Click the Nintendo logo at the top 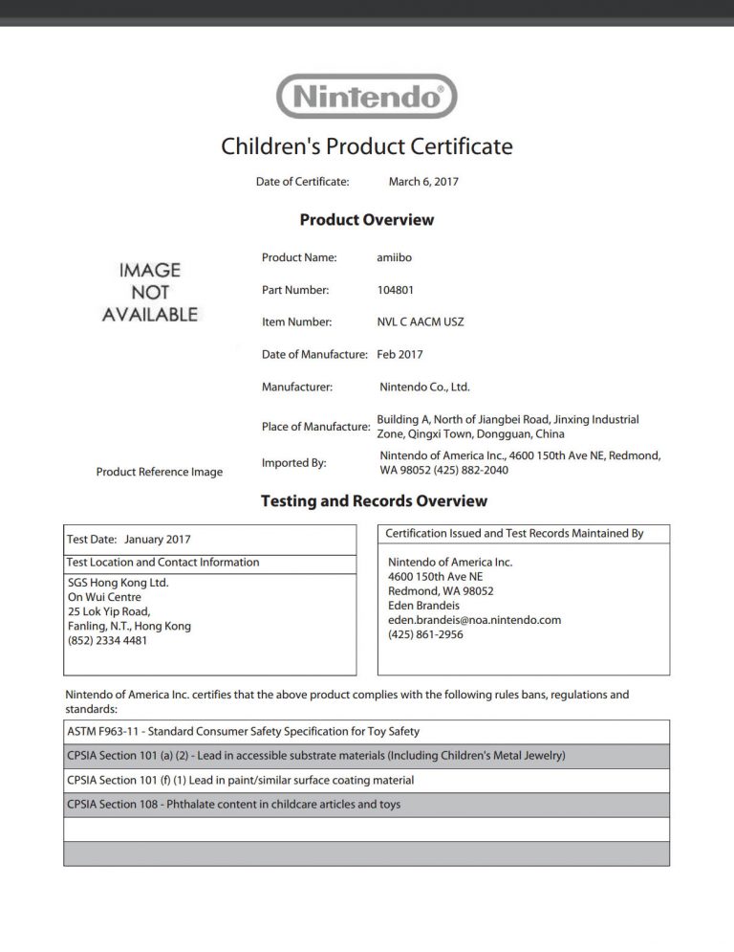tap(366, 97)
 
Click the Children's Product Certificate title tap(367, 146)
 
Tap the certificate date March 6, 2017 tap(423, 181)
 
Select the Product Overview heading tap(367, 220)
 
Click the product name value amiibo tap(396, 257)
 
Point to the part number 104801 tap(397, 290)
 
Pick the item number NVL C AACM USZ tap(421, 322)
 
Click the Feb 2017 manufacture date tap(399, 355)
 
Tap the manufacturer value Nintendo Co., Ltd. tap(424, 387)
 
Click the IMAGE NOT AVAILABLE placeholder tap(149, 292)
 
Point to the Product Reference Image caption tap(160, 472)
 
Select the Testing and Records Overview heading tap(374, 500)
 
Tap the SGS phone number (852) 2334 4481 tap(108, 641)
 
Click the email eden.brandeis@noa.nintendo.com tap(474, 620)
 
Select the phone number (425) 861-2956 tap(425, 634)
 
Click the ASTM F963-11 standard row tap(244, 732)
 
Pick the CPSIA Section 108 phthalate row tap(234, 805)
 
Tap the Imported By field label tap(293, 463)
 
